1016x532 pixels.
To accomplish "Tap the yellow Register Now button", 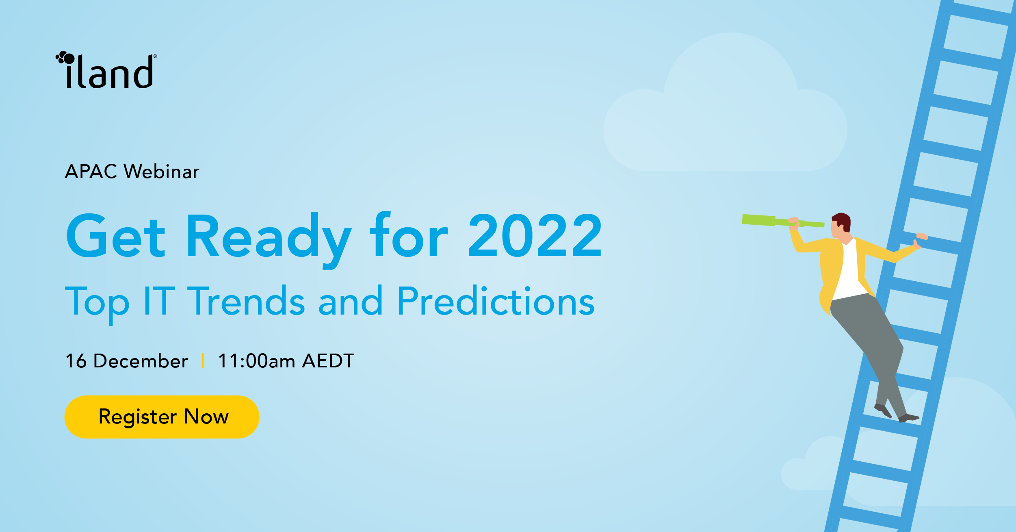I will click(162, 417).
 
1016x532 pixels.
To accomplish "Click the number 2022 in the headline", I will click(535, 236).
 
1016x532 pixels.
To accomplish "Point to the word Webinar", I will click(161, 172).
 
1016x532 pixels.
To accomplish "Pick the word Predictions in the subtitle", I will click(495, 302).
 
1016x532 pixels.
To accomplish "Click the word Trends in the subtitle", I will click(246, 302).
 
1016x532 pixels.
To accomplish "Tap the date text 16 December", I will click(127, 361).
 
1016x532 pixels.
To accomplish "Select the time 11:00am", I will click(256, 361).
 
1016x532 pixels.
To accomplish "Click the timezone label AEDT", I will click(328, 361).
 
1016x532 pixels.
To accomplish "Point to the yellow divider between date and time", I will click(203, 360).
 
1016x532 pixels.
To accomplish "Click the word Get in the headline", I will click(115, 237).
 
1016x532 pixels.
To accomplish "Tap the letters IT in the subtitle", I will click(159, 302).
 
